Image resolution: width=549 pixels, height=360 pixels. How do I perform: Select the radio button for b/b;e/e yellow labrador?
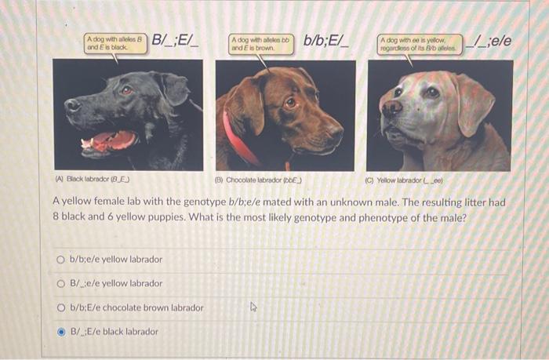(x=60, y=260)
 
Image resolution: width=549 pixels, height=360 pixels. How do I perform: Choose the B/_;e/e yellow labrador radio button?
(x=60, y=283)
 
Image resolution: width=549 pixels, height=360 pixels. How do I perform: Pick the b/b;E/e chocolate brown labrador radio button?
(x=60, y=307)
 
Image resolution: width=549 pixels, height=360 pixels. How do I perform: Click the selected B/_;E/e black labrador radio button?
(x=60, y=332)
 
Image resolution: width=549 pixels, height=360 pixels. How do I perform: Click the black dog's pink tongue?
(x=110, y=142)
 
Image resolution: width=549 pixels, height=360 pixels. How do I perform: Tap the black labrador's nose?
(x=72, y=105)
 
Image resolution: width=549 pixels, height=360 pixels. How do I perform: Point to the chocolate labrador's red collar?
(x=239, y=141)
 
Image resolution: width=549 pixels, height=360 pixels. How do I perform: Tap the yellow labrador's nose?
(x=391, y=109)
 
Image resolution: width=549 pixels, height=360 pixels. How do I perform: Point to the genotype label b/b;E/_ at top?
(x=327, y=40)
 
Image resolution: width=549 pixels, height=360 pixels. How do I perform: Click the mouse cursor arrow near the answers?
(x=253, y=307)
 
